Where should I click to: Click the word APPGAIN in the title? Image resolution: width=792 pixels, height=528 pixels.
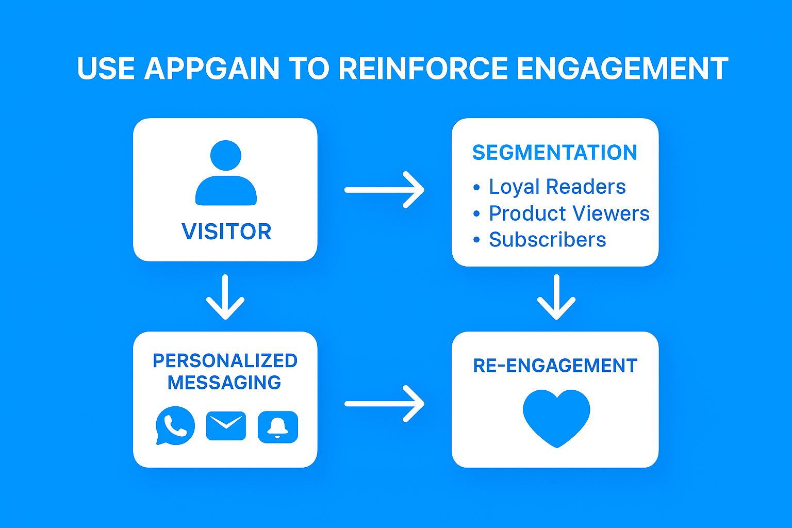click(212, 68)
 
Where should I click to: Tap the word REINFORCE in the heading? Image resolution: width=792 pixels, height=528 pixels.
click(423, 68)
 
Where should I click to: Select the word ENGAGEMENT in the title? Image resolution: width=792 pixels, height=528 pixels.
click(622, 68)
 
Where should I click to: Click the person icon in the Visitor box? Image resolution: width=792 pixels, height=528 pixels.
click(226, 173)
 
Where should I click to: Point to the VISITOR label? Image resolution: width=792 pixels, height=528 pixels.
click(226, 232)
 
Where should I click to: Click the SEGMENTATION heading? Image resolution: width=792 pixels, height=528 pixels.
click(555, 153)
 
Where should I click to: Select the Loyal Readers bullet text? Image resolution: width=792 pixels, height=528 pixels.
click(557, 186)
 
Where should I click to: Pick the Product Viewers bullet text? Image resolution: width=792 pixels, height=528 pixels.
click(569, 213)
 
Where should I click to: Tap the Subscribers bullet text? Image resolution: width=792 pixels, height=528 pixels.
click(547, 239)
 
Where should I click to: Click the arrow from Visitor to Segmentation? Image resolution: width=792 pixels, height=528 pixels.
click(384, 190)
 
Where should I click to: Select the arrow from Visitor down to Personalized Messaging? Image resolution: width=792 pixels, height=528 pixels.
click(225, 296)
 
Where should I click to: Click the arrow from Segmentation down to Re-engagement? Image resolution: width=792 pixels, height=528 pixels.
click(556, 296)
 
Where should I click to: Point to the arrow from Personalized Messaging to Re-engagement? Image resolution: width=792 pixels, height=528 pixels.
click(384, 404)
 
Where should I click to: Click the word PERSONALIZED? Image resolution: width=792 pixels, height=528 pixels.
click(225, 361)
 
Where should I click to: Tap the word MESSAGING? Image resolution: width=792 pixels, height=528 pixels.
click(224, 383)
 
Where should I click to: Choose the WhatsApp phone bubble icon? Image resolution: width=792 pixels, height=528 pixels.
click(175, 425)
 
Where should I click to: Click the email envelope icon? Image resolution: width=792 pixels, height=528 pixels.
click(226, 426)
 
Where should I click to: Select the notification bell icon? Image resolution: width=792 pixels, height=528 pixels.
click(278, 427)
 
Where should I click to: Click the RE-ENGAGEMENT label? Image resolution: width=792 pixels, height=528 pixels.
click(555, 366)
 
